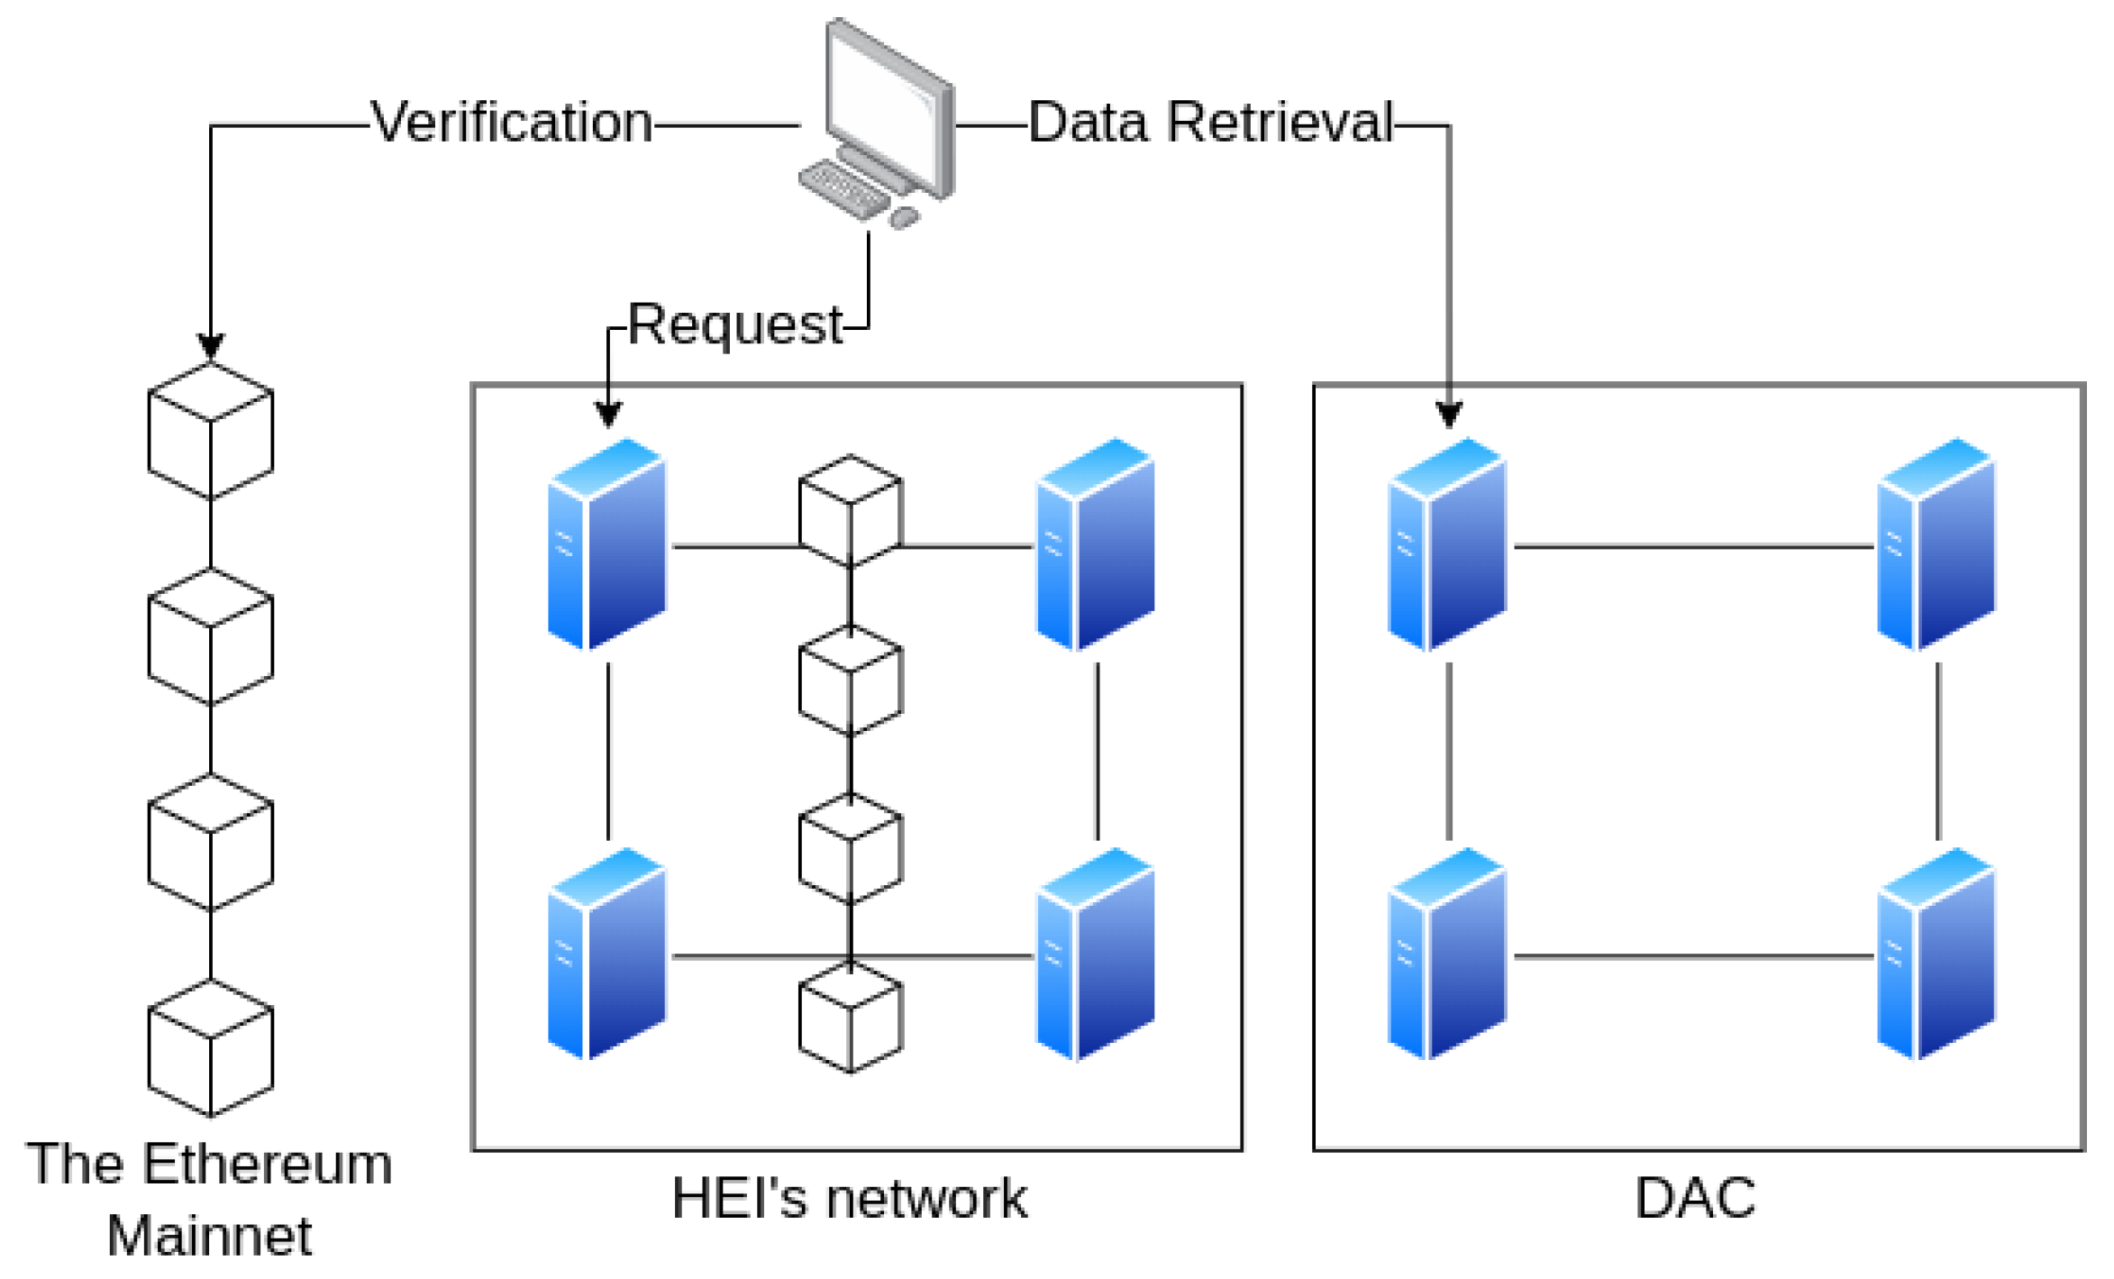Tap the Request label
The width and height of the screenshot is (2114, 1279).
click(735, 325)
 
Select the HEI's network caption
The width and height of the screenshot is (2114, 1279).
click(849, 1198)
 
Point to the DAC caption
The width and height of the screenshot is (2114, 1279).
click(1695, 1198)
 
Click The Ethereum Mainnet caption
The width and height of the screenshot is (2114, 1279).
click(209, 1199)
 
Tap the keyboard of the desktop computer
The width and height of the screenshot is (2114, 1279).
click(843, 188)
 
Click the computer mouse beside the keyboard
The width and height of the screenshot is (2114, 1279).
click(904, 217)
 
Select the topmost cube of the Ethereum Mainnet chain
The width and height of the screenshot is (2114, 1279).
click(211, 431)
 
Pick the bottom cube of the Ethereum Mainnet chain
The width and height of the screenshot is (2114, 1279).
click(211, 1047)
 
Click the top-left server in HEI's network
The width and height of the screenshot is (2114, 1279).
click(607, 544)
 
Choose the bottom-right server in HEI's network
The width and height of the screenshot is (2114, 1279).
click(1096, 954)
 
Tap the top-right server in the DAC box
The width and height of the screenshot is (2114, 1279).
click(1936, 544)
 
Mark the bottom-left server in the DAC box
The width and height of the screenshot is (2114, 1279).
click(1447, 954)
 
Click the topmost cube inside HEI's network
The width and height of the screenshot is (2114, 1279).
click(851, 511)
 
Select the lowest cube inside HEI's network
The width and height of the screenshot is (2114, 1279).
click(851, 1017)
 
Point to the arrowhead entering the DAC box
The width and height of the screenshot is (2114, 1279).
click(1449, 415)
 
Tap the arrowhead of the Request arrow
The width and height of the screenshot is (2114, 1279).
click(608, 414)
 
